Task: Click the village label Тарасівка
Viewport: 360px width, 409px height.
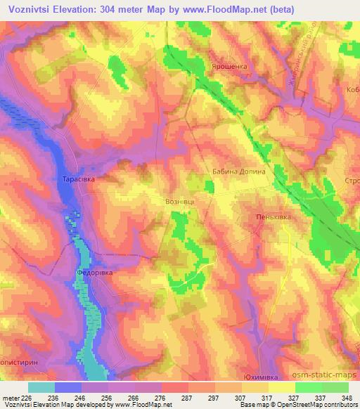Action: (75, 180)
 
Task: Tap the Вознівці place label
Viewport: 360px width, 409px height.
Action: (180, 201)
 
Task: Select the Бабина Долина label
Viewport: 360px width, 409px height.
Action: (238, 171)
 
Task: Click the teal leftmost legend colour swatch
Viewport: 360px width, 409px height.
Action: (41, 387)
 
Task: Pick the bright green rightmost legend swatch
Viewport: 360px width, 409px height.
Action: (335, 387)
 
